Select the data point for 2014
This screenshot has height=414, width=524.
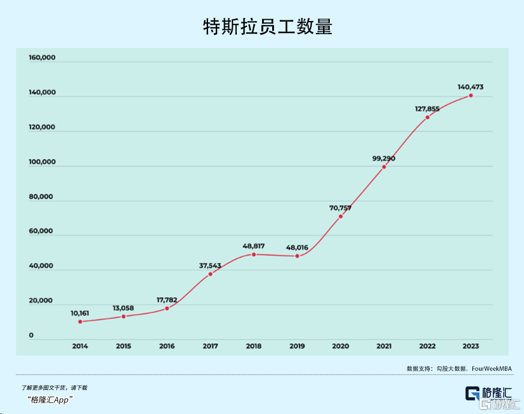click(x=80, y=322)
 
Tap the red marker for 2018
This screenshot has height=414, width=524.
click(x=254, y=254)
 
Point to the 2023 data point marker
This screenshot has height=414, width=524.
click(x=471, y=95)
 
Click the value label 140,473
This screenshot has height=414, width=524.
click(x=471, y=87)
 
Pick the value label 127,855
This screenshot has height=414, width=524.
click(x=427, y=109)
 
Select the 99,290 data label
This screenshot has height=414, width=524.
click(x=384, y=158)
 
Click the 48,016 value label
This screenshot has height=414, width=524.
click(x=297, y=247)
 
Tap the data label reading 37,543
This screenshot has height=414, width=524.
click(x=210, y=265)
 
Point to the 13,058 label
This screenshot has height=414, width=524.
click(x=124, y=308)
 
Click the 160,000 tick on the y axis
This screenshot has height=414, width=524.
click(x=42, y=58)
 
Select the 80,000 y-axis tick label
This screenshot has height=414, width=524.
click(x=41, y=197)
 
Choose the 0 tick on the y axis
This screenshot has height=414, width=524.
click(x=31, y=335)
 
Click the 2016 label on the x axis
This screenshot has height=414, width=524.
click(x=167, y=346)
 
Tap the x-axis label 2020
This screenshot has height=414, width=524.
click(x=341, y=346)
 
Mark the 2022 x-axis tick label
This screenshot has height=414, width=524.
click(x=427, y=346)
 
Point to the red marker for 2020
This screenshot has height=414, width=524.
click(x=341, y=217)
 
